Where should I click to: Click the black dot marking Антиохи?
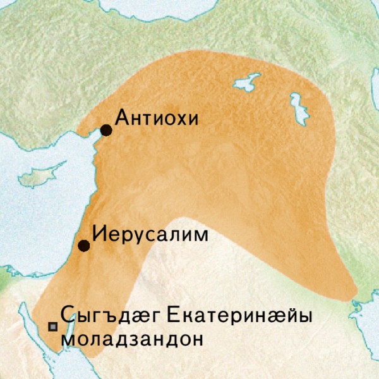tap(106, 130)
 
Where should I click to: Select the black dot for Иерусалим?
tap(83, 245)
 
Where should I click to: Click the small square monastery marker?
tap(53, 327)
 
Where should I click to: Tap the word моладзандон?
tap(133, 339)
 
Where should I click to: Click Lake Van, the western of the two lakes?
tap(247, 81)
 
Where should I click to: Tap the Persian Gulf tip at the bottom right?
tap(366, 310)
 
